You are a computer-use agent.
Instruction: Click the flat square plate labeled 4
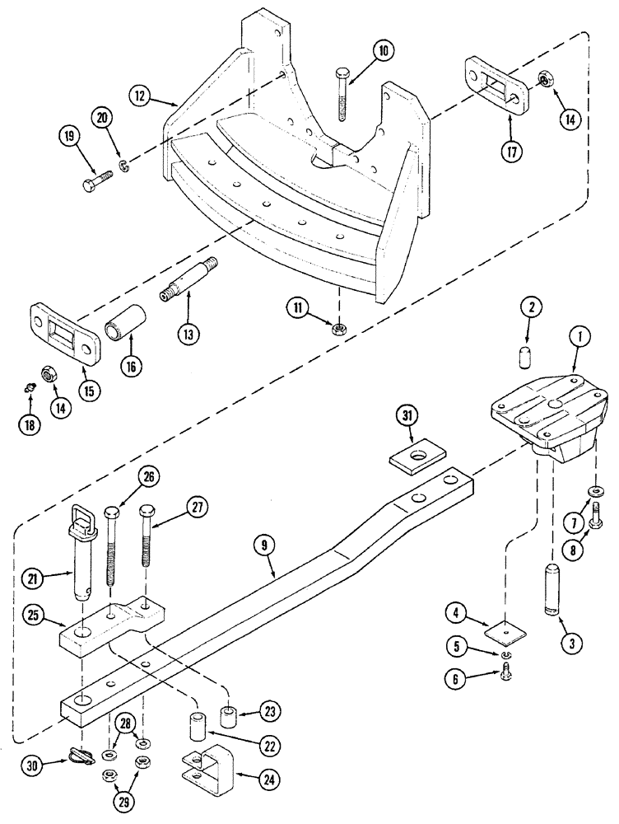tap(505, 631)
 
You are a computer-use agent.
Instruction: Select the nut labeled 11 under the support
tap(337, 330)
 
